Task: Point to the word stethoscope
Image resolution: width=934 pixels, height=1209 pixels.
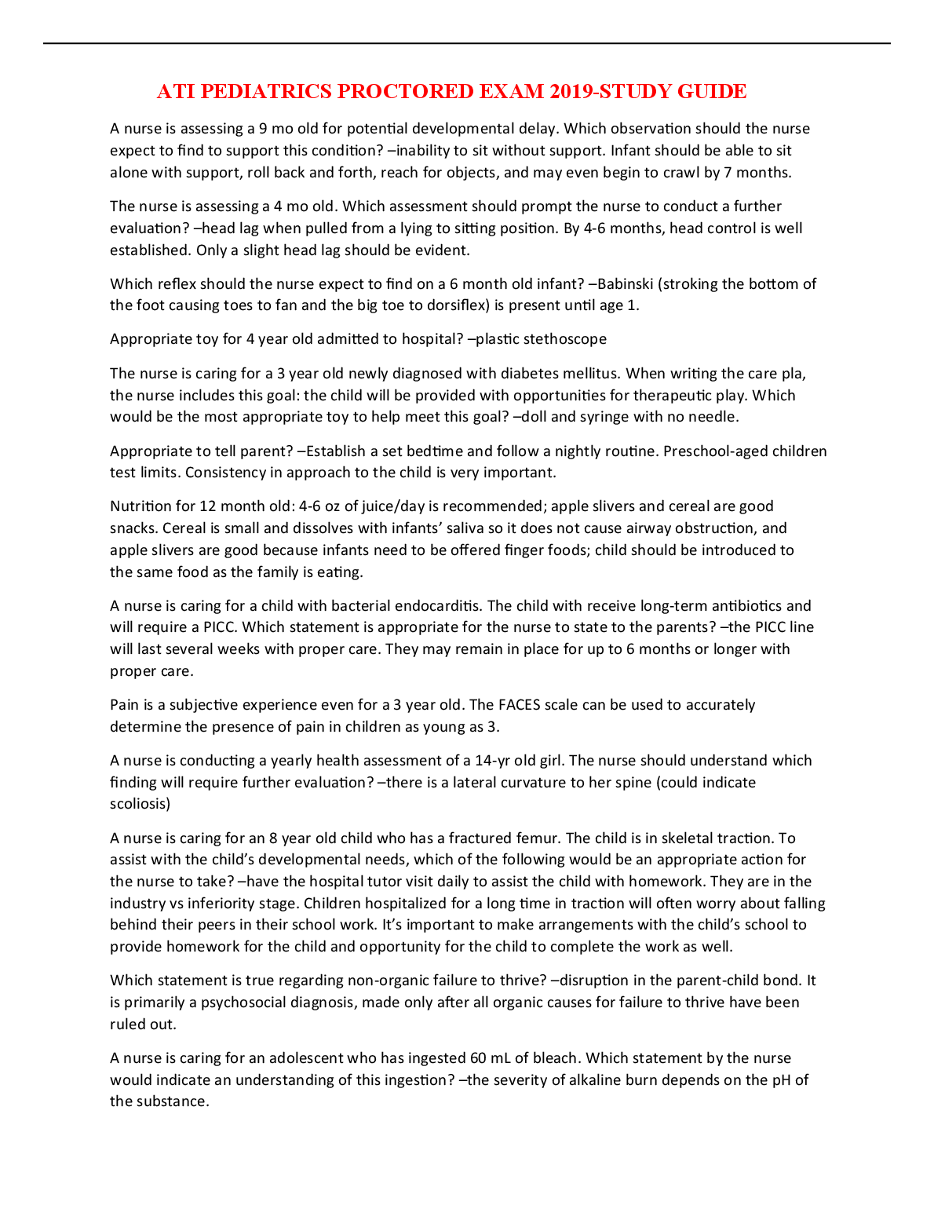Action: [x=565, y=339]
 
